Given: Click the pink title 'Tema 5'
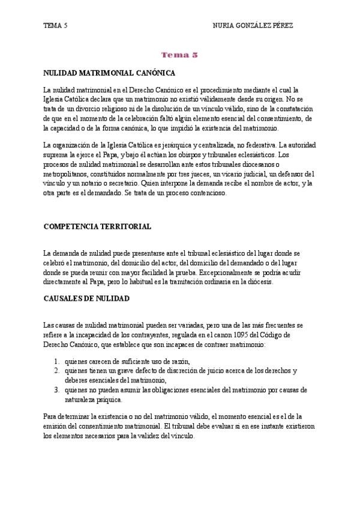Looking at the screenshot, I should coord(179,55).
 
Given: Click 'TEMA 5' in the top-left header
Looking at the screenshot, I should coord(55,26).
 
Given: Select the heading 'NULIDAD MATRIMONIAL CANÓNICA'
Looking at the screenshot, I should coord(109,73).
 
